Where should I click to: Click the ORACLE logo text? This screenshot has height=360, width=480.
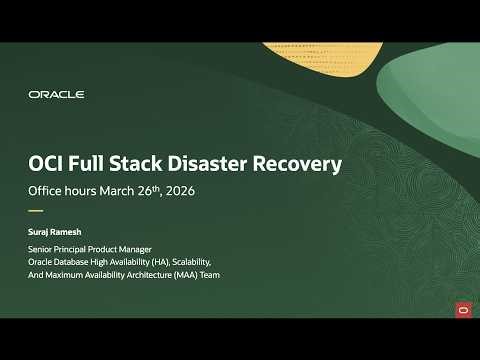point(56,94)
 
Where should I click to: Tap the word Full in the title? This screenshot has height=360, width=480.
point(101,162)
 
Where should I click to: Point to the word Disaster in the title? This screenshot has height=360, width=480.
point(226,162)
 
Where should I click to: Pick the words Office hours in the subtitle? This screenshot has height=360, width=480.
point(64,190)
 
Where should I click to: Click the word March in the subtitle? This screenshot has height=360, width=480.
point(124,190)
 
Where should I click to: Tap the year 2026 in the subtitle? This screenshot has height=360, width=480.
point(190,190)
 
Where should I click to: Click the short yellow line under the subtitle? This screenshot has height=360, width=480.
point(36,211)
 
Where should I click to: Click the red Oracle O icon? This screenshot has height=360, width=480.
point(463,309)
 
